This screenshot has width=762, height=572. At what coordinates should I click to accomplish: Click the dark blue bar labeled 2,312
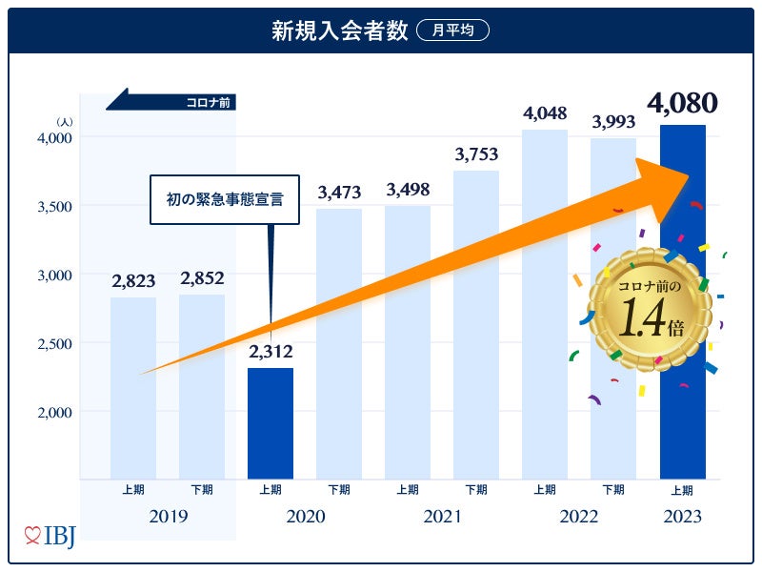(271, 423)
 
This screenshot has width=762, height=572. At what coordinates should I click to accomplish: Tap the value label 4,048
(545, 113)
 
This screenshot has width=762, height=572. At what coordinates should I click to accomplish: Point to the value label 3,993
(613, 122)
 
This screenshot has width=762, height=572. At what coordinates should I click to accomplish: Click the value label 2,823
(133, 281)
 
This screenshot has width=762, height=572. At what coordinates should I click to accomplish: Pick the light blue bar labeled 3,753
(476, 324)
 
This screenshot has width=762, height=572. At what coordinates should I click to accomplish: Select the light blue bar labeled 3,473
(339, 343)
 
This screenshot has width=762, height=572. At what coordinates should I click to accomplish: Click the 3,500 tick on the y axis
(54, 206)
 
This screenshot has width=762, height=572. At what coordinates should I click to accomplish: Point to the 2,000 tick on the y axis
(54, 412)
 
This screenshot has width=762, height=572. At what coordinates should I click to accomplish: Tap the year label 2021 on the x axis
(441, 517)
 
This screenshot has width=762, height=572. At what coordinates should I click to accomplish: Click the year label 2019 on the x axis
(168, 517)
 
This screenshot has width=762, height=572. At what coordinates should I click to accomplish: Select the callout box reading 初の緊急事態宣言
(225, 199)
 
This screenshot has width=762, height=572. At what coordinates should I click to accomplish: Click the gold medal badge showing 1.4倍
(651, 307)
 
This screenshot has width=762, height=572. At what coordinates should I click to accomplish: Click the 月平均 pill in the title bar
(452, 31)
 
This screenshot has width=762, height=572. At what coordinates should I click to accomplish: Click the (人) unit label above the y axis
(64, 121)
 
